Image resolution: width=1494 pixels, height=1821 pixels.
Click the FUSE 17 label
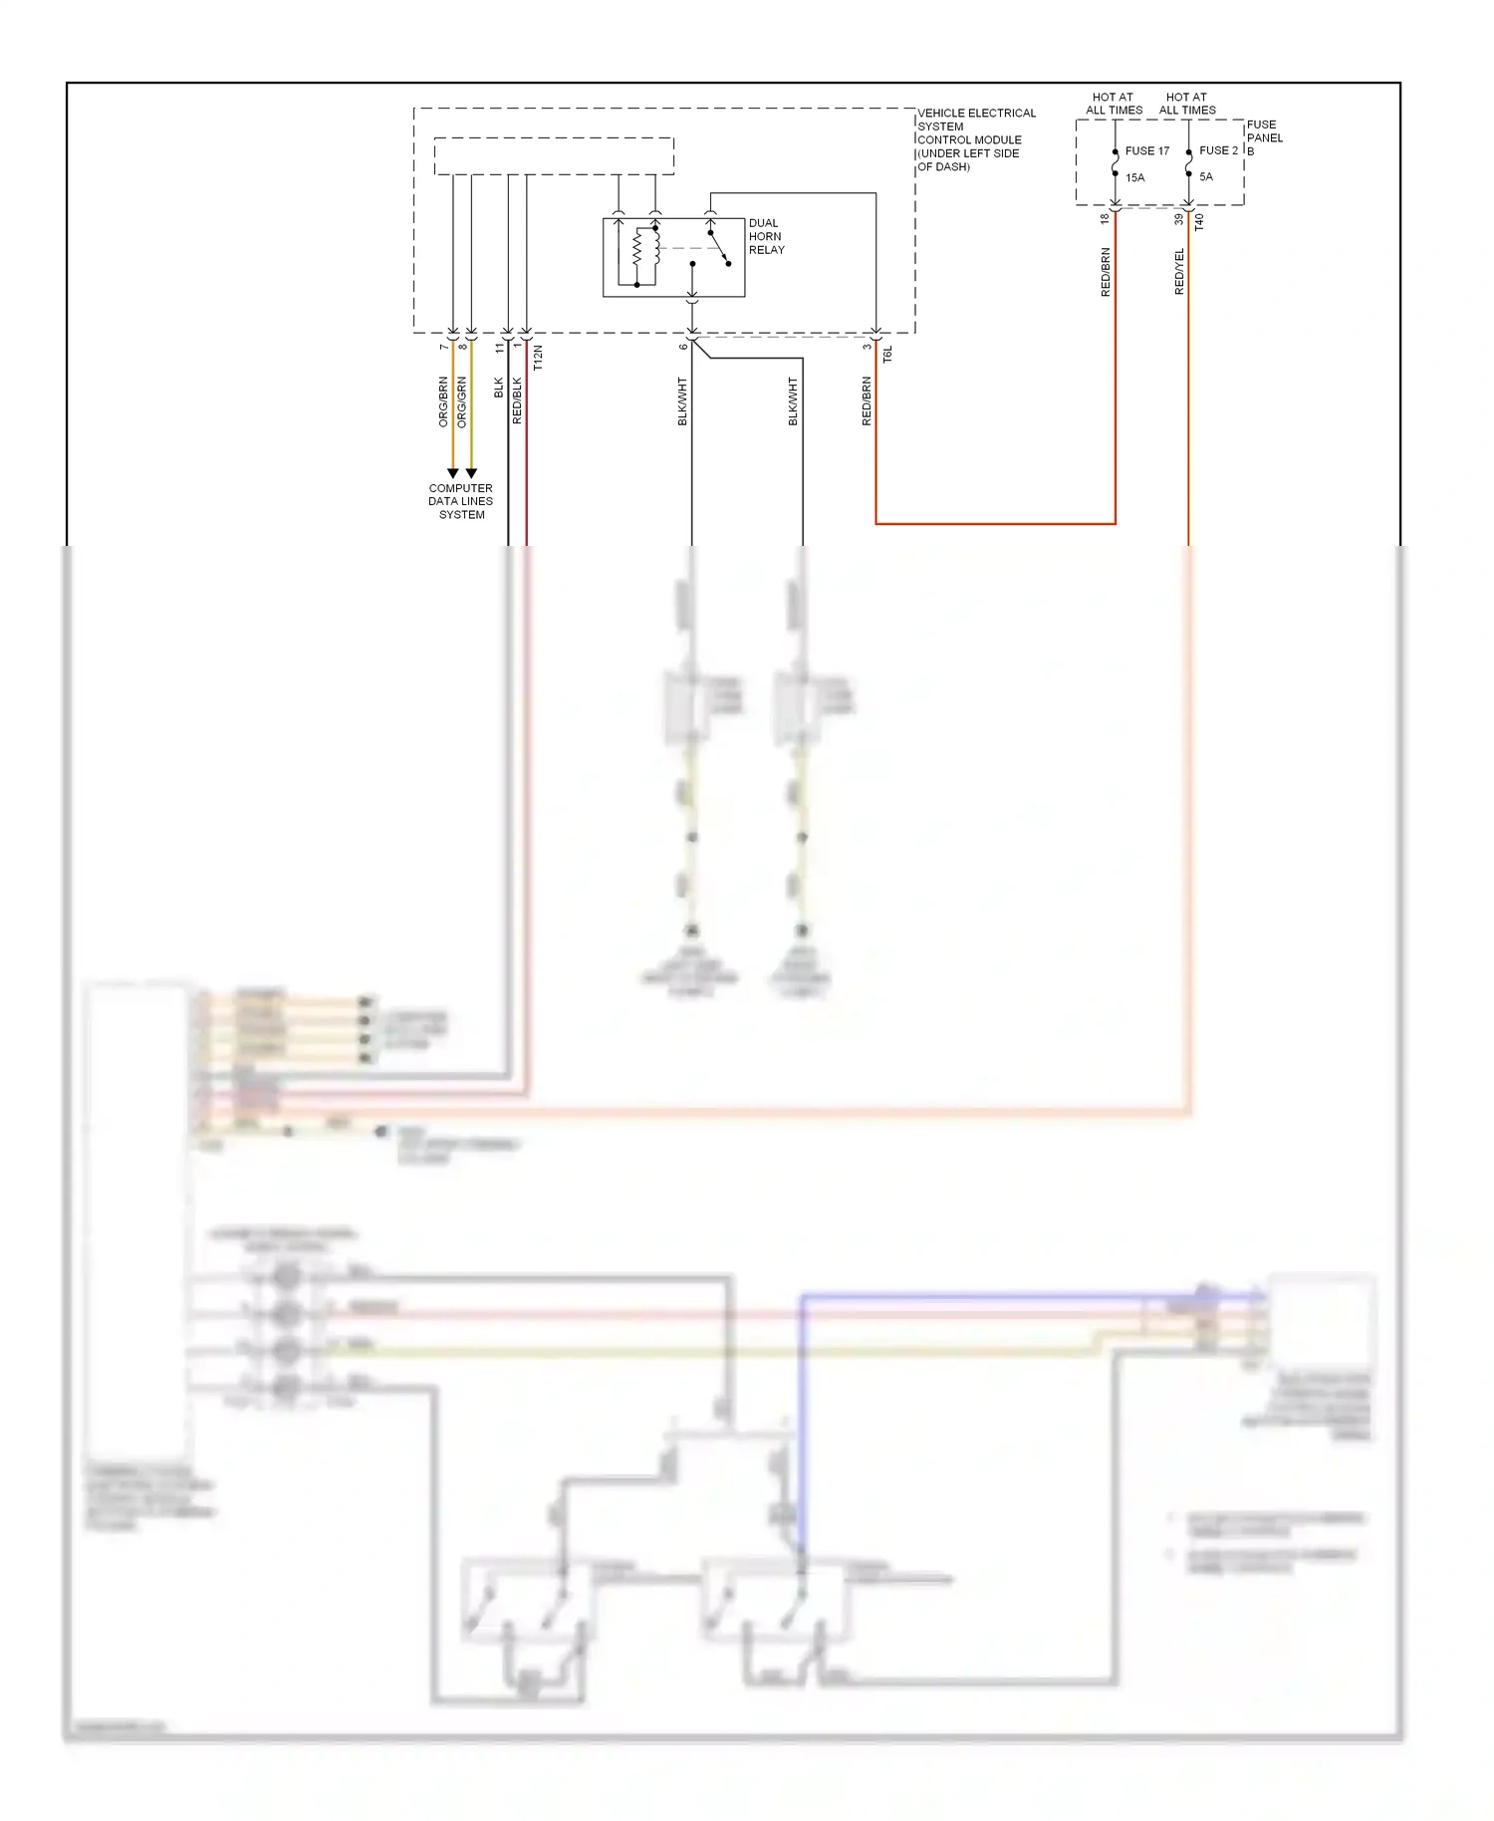point(1146,151)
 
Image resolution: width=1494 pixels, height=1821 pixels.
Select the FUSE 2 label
point(1217,150)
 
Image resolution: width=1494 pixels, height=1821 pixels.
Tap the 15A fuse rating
point(1134,178)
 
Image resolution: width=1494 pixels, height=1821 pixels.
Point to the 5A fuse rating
point(1205,177)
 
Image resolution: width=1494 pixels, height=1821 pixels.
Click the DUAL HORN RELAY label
point(766,237)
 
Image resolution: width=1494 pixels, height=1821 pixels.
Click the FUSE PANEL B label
point(1264,137)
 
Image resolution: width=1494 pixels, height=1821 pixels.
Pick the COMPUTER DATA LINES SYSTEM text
point(461,502)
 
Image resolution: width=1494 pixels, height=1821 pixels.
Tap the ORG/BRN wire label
point(443,402)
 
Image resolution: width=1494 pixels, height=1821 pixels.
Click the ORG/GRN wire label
point(461,402)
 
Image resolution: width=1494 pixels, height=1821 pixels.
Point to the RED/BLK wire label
point(517,400)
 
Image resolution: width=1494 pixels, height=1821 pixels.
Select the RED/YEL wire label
point(1179,272)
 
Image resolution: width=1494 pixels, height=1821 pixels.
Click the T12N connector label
point(538,359)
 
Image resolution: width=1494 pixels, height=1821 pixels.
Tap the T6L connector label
point(887,354)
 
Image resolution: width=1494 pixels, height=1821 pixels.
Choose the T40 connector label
point(1199,222)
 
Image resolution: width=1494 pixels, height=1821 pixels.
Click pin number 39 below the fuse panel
point(1178,219)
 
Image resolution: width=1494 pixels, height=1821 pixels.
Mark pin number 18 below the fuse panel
point(1105,219)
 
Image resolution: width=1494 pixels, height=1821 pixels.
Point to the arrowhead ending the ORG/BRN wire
point(453,473)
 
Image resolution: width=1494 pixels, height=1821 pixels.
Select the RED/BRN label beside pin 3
point(867,401)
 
